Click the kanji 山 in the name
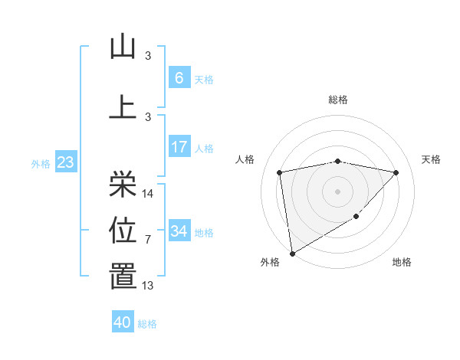point(123,47)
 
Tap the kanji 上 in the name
point(123,106)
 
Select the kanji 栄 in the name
point(123,184)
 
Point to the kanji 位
point(123,230)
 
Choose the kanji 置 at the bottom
point(123,277)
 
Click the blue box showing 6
point(179,78)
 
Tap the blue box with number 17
point(179,147)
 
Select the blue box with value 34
point(179,231)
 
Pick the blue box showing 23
point(65,162)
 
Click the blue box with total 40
point(123,322)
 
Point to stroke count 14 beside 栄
point(149,194)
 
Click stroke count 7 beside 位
point(148,240)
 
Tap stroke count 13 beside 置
point(148,286)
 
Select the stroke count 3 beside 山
point(148,56)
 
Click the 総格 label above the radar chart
point(338,100)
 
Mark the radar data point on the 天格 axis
point(396,172)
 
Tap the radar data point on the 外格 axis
point(291,253)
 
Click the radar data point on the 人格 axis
point(280,172)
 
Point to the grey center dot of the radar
point(337,191)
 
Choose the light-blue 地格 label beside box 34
point(204,232)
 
